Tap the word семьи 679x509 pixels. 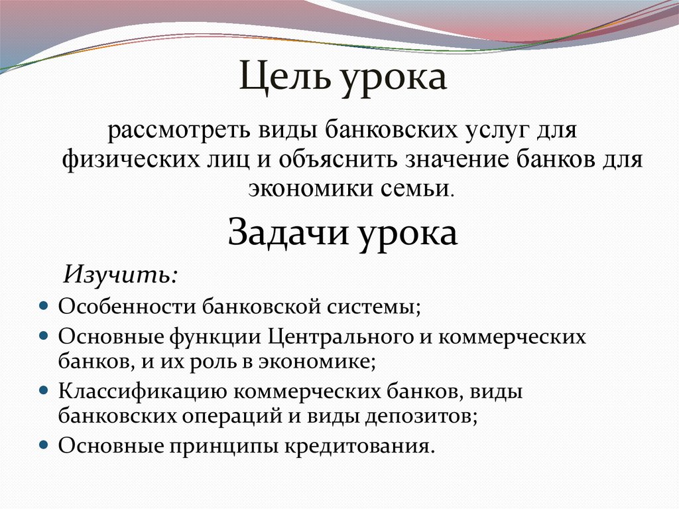418,188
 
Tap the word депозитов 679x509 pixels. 422,416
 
